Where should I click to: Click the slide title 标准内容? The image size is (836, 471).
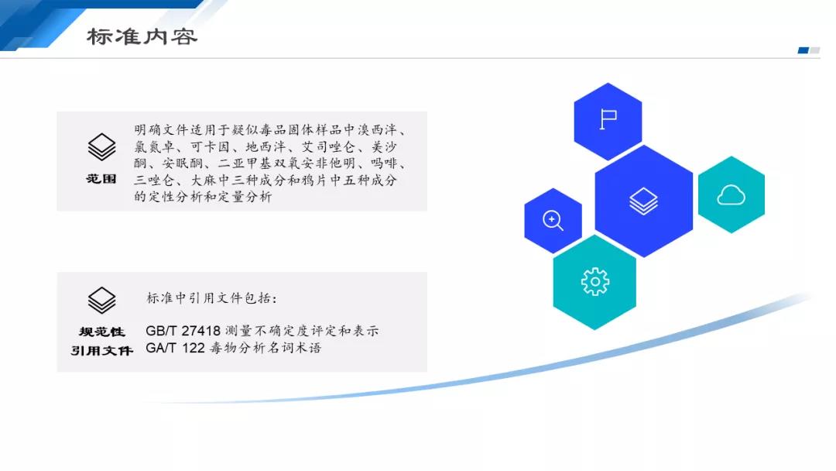142,37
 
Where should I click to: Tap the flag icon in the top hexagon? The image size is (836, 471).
608,119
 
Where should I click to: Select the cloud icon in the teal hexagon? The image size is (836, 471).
731,195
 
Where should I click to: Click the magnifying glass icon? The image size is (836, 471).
553,220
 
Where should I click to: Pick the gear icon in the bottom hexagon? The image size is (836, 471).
595,282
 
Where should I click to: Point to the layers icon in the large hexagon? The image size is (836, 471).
643,201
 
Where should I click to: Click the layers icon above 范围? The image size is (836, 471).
101,146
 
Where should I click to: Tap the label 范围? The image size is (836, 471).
101,179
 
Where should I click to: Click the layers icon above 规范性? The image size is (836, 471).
101,301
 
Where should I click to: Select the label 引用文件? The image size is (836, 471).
102,350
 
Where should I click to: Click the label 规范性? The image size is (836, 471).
102,332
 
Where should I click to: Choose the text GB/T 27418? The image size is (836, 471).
183,331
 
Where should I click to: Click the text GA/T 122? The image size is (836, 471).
176,348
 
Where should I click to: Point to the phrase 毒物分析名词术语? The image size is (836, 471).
266,348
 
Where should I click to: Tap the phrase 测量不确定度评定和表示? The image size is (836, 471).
302,331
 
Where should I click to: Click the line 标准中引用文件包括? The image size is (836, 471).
211,298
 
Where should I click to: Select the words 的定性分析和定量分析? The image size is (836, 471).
203,196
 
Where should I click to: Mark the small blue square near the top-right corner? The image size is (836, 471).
803,50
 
